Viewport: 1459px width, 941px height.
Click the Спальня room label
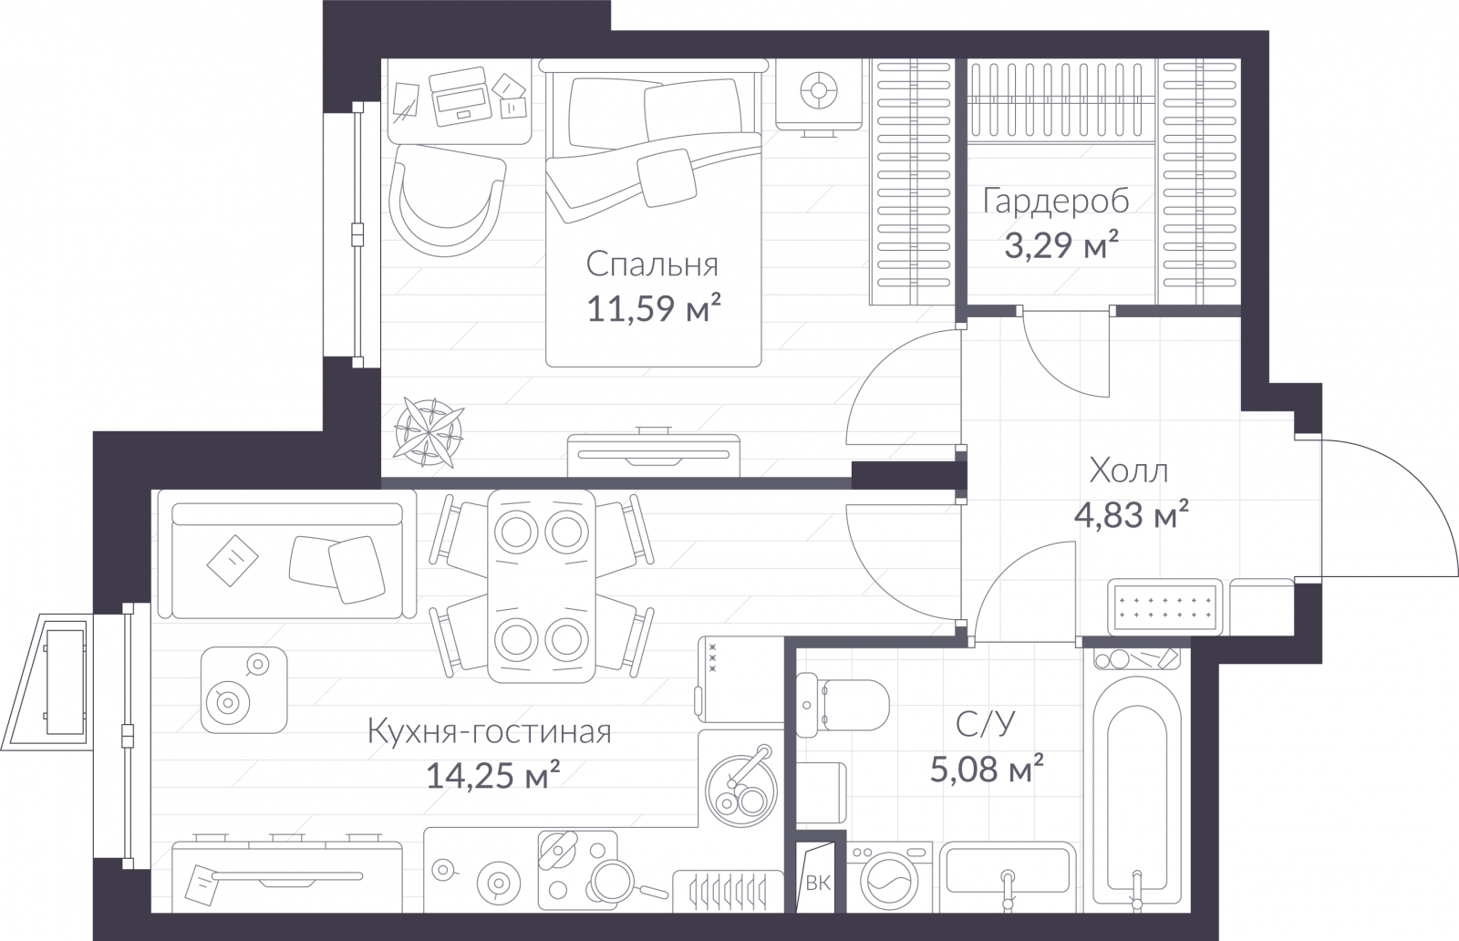coord(652,265)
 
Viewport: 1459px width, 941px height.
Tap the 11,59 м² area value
coord(654,308)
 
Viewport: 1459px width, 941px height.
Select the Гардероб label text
coord(1056,202)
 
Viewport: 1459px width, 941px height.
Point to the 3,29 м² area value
coord(1061,245)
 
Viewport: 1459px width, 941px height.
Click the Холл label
coord(1129,470)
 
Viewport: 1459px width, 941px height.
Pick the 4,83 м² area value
coord(1132,515)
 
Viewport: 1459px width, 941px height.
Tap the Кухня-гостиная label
coord(490,732)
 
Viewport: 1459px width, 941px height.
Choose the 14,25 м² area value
coord(493,776)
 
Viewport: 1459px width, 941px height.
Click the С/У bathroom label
coord(986,723)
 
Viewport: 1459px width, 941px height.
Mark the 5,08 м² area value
coord(987,769)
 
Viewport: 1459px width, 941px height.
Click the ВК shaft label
coord(818,884)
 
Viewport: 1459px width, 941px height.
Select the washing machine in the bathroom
coord(889,877)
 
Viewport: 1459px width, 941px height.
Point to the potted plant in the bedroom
coord(428,432)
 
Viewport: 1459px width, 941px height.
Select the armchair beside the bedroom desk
coord(447,200)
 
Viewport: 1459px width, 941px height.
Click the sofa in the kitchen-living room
coord(286,561)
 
